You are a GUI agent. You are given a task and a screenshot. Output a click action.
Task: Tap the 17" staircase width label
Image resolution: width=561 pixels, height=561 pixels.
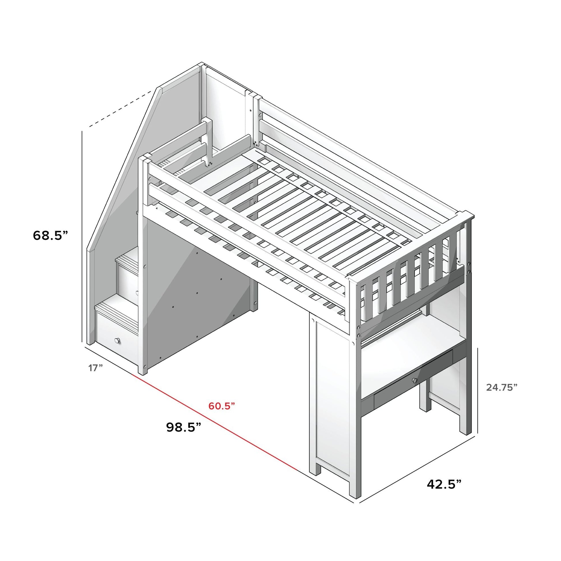pos(95,368)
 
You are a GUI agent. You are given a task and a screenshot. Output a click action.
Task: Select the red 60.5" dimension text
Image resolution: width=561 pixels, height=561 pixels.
pos(222,406)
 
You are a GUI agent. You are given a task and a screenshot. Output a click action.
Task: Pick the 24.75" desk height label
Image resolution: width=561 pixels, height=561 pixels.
pos(502,387)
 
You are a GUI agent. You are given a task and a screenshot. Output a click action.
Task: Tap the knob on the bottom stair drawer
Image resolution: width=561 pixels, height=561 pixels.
pos(117,340)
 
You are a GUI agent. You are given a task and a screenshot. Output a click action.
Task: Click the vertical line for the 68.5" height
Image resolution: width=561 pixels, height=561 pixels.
pos(82,237)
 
